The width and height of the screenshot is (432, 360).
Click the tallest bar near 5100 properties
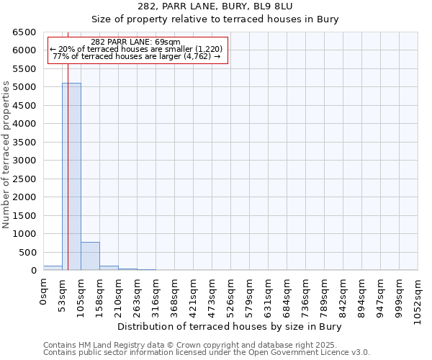coord(71,176)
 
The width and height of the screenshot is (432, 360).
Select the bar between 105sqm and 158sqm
coord(90,256)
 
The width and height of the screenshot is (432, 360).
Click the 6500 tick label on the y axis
coord(24,32)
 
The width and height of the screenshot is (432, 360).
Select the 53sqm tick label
coord(63,292)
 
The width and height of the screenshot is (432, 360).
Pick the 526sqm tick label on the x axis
coord(231,294)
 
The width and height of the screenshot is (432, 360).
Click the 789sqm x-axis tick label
coord(325,294)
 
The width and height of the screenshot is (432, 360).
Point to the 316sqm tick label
coord(156,294)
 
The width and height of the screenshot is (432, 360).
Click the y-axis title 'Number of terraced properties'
coord(6,155)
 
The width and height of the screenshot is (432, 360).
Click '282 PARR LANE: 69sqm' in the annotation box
coord(136,42)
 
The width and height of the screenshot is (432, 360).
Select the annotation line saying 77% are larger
coord(136,56)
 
